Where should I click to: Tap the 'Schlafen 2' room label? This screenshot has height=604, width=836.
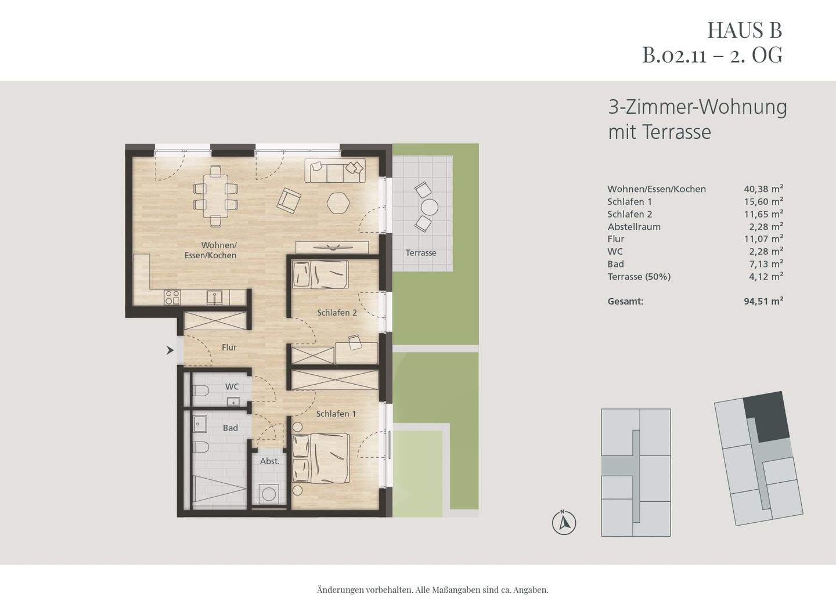(337, 313)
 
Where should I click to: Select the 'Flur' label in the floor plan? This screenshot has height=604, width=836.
(229, 348)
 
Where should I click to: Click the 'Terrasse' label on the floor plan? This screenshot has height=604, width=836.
(421, 253)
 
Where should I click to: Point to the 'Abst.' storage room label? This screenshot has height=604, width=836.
(269, 461)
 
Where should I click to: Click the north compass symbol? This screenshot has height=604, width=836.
(563, 523)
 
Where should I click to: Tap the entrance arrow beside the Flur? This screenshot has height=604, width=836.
(170, 350)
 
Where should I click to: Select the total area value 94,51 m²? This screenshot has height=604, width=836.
(763, 301)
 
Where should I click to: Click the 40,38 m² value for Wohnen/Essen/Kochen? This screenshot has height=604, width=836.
(763, 189)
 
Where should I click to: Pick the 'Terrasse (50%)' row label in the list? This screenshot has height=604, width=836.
(639, 277)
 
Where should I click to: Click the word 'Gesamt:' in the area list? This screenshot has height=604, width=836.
(625, 301)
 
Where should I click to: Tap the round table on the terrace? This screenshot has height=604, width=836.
(430, 207)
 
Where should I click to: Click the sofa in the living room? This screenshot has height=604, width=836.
(336, 171)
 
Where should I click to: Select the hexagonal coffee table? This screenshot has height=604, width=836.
(338, 203)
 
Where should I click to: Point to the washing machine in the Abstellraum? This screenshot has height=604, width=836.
(269, 494)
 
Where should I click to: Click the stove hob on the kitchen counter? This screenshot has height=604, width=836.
(172, 297)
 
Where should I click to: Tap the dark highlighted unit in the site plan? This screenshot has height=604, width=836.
(767, 415)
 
